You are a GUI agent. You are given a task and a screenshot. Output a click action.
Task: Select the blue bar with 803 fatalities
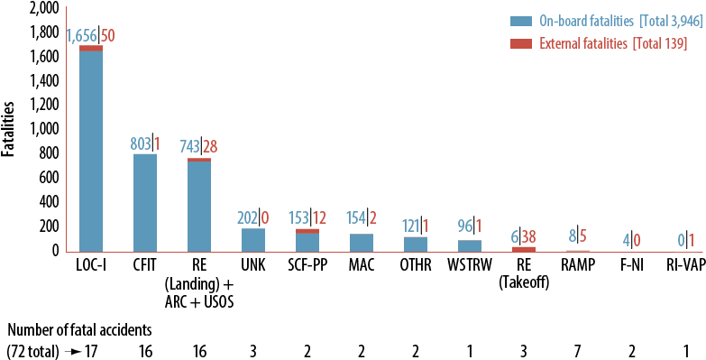pos(145,203)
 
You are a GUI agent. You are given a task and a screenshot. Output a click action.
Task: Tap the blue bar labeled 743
pos(199,208)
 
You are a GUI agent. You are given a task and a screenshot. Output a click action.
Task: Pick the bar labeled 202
pos(253,240)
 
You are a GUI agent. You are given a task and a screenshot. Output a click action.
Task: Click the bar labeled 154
pos(362,243)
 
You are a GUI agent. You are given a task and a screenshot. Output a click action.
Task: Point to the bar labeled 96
pos(470,245)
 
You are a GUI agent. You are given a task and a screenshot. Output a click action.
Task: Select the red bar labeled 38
pos(524,249)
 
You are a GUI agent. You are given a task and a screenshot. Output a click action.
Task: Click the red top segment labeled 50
pos(91,49)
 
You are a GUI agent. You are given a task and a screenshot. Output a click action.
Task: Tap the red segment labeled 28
pos(199,160)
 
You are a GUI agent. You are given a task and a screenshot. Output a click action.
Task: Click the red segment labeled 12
pos(307,231)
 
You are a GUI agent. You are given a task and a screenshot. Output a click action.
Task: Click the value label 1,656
pos(81,36)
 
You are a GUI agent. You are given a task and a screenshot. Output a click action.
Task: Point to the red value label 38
pos(529,236)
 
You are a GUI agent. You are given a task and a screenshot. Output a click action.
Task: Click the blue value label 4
pos(626,241)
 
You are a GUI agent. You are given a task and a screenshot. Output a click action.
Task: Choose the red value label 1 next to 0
pos(691,241)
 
